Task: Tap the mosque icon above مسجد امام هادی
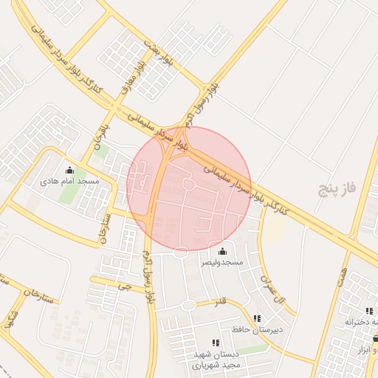pos(69,170)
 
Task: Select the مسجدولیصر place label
pos(222,262)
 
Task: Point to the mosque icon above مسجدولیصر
pos(222,252)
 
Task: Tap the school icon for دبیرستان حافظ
pos(256,319)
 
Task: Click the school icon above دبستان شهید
pos(216,343)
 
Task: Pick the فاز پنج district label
pos(337,188)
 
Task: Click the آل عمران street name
pos(270,287)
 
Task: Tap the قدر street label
pos(220,302)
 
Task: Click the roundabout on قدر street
pos(189,305)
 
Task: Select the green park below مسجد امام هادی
pos(69,193)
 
